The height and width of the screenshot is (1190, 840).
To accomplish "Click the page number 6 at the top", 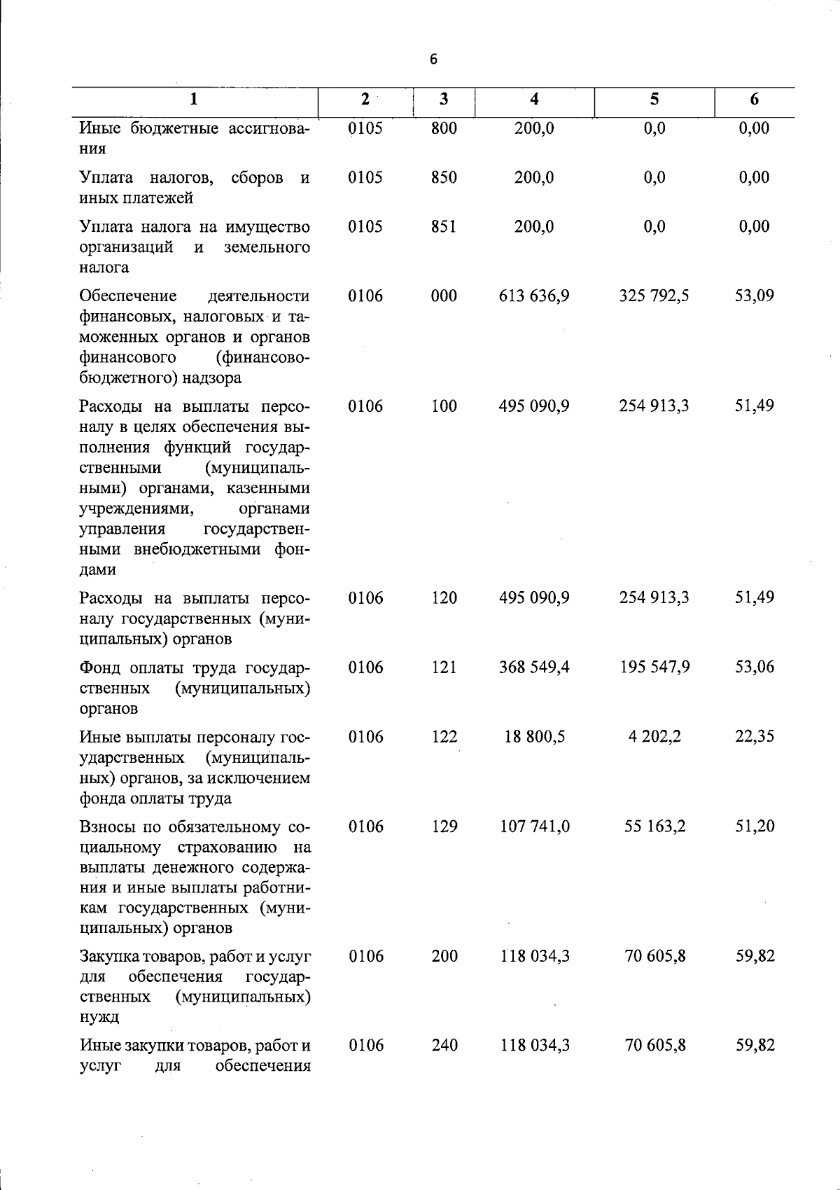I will tap(433, 60).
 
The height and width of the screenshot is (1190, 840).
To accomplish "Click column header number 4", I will tap(534, 99).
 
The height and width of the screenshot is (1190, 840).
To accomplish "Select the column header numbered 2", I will tap(365, 99).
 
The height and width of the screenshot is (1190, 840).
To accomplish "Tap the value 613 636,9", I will tap(534, 296).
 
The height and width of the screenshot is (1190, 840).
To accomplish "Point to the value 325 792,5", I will tap(654, 296).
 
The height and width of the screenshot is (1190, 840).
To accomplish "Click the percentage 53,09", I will tap(754, 296).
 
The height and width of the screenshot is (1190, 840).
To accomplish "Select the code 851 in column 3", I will tap(444, 227).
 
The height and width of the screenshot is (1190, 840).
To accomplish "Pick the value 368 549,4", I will tap(534, 667).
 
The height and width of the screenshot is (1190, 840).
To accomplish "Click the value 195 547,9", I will tap(654, 667).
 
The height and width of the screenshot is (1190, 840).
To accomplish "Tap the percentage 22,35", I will tap(754, 737).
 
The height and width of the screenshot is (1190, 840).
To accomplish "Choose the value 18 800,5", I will tap(535, 737).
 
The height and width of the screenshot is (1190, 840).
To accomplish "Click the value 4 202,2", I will tap(654, 737).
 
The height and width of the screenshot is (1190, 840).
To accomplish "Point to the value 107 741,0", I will tap(535, 827).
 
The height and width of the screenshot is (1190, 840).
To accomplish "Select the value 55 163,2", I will tap(654, 827).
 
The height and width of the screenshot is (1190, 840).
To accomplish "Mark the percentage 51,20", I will tap(755, 827).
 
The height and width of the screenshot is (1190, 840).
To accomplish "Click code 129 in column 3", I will tap(444, 827).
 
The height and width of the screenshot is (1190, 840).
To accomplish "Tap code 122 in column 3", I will tap(444, 737).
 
